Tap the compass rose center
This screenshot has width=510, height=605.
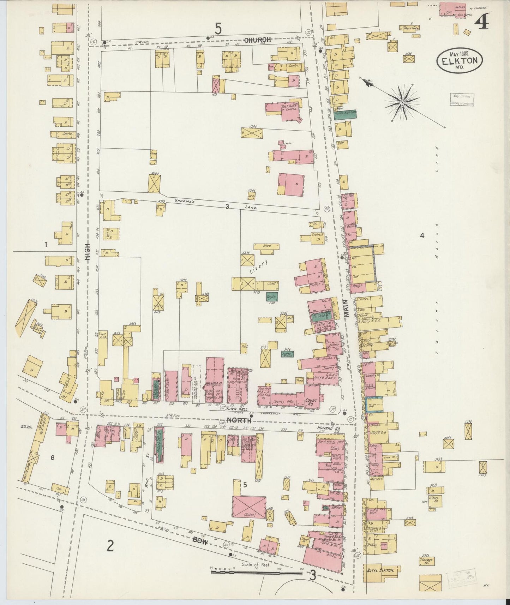tap(402, 103)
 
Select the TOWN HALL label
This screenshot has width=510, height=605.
tap(235, 408)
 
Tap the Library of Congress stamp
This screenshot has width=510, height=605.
tap(462, 100)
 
